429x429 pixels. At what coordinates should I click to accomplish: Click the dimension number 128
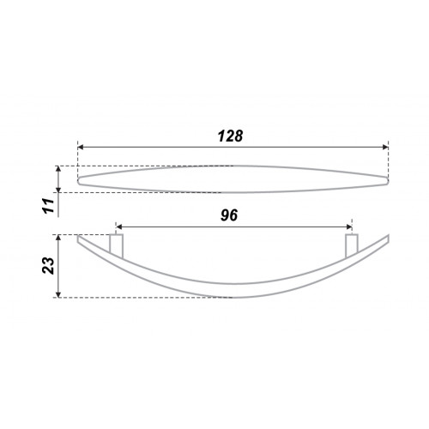[x=230, y=136]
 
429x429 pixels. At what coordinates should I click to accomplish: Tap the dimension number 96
[x=229, y=215]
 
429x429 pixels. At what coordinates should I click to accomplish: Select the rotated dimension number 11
[x=49, y=205]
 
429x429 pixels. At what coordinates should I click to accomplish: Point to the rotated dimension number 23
[x=48, y=266]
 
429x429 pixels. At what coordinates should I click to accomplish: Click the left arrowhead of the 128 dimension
[x=81, y=147]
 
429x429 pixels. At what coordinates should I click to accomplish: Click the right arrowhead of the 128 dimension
[x=385, y=147]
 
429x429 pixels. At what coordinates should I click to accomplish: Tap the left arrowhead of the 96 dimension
[x=119, y=227]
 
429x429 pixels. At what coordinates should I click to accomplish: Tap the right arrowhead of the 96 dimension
[x=349, y=227]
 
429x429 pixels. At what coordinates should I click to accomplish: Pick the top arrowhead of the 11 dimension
[x=58, y=169]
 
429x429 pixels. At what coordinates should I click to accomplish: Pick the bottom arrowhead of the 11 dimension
[x=58, y=190]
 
